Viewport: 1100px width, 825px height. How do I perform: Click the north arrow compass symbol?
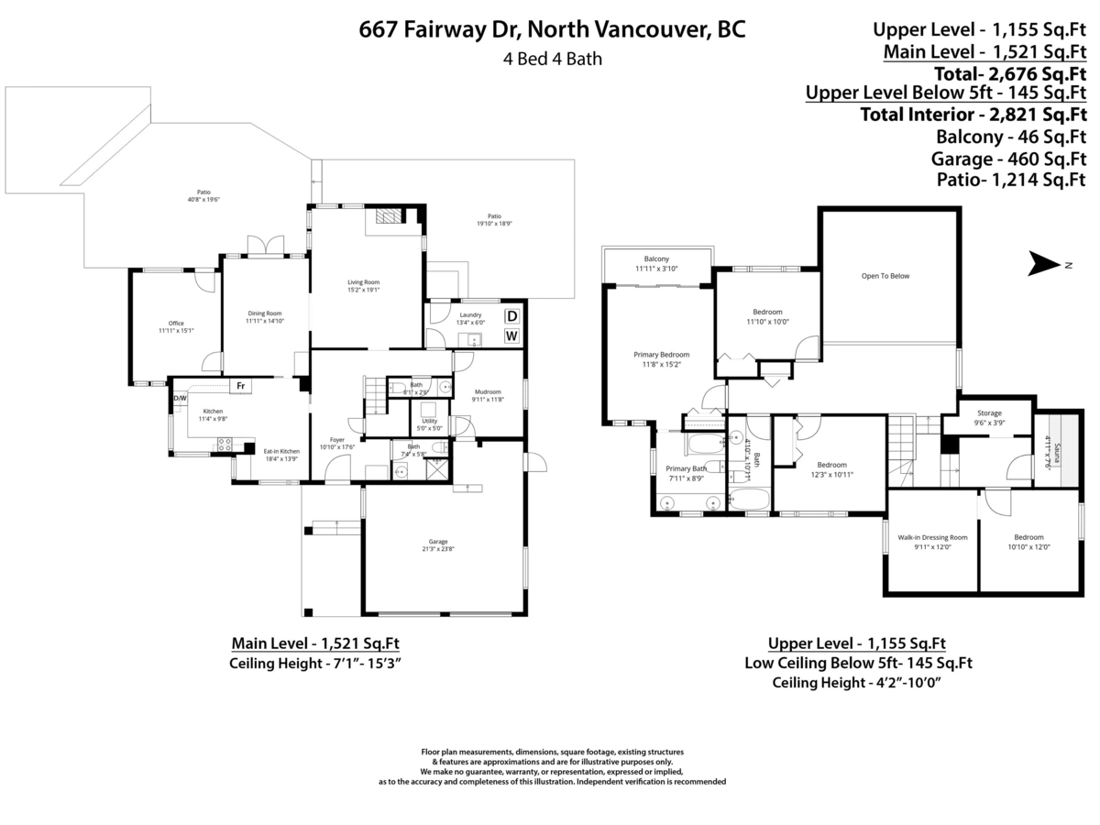pos(1044,265)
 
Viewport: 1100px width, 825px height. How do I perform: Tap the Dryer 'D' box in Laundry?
pos(512,316)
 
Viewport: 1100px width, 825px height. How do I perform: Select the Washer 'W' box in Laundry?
pos(512,336)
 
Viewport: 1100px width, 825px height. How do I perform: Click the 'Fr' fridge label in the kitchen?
pos(240,386)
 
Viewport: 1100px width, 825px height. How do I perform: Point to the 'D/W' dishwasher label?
pos(181,398)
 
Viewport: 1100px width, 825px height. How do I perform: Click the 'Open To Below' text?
pos(885,276)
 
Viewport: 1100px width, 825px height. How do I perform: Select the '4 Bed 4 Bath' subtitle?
pos(552,60)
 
